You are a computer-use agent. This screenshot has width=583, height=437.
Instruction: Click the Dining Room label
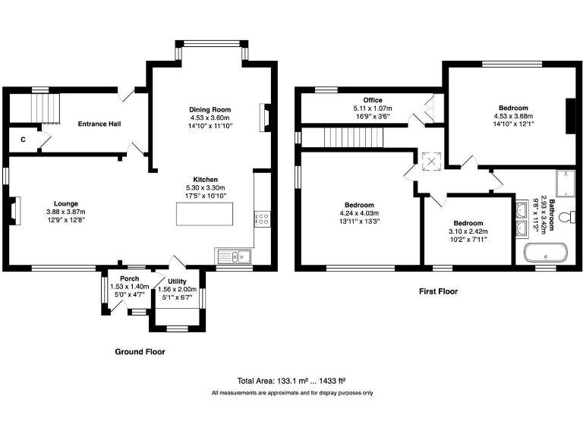[210, 110]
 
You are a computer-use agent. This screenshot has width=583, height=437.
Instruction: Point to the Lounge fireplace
[14, 211]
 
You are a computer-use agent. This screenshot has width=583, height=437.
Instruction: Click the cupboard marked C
[23, 140]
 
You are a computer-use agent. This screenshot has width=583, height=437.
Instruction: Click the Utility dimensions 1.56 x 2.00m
[177, 290]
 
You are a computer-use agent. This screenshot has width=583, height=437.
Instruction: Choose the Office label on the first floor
[372, 100]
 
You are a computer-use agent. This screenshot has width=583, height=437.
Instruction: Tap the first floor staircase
[351, 138]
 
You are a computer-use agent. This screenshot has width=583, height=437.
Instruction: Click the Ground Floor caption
[140, 352]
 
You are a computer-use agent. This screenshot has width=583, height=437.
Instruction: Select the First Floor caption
[438, 291]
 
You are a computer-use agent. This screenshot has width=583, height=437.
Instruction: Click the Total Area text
[292, 380]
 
